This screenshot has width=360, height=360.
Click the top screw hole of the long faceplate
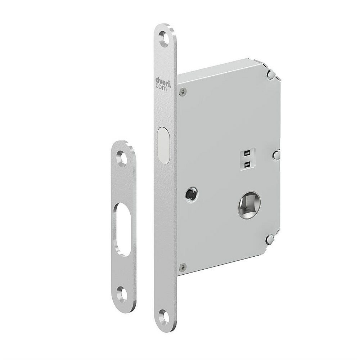click(165, 37)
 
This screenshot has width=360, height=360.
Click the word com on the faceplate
click(161, 87)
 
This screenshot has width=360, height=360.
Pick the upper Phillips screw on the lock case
click(183, 92)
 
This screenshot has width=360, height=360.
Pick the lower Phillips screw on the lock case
click(183, 267)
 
